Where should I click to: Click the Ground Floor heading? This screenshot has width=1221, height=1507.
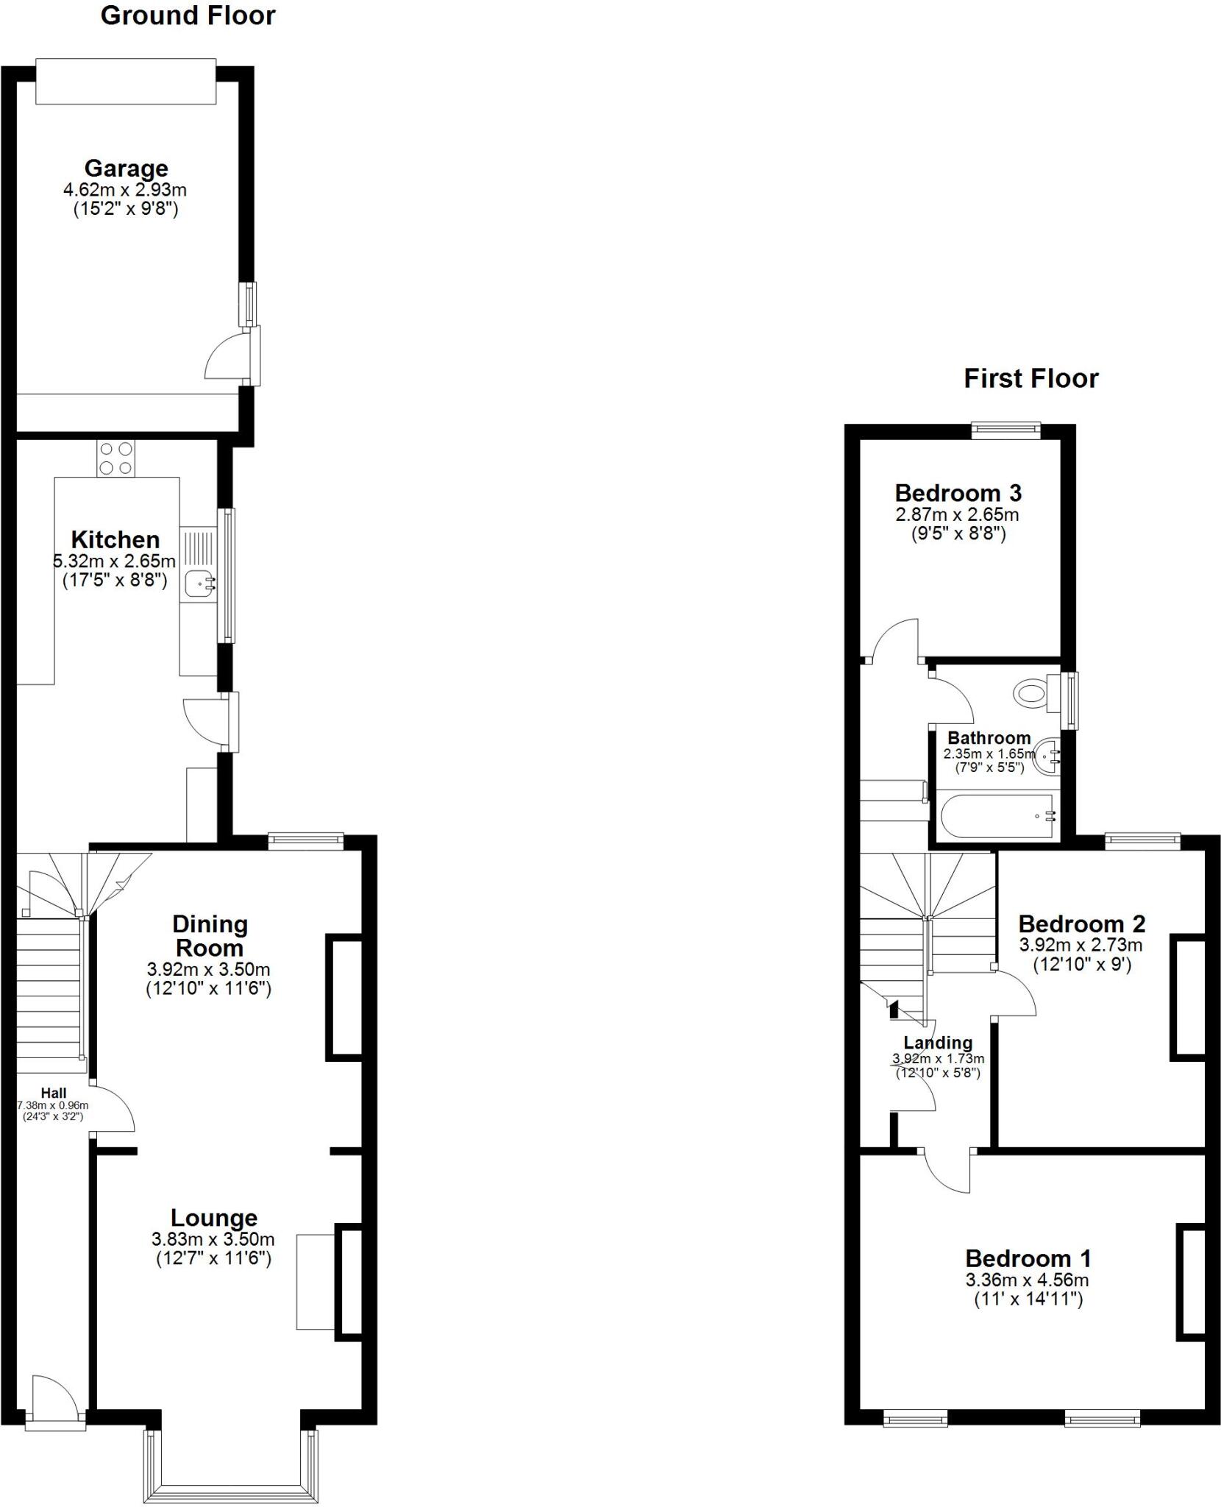point(188,16)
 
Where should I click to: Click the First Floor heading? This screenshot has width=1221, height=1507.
point(1030,379)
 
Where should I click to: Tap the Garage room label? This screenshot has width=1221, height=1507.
point(126,169)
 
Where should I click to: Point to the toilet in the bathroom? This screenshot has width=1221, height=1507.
point(1031,693)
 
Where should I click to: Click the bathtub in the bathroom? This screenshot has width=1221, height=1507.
point(998,815)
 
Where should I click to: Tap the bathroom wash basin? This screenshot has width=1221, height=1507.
point(1047,756)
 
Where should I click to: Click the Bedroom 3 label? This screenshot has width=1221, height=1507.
point(958,493)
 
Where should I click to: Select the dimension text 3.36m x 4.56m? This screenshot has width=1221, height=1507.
point(1027,1280)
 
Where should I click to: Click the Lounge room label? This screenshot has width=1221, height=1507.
point(214,1218)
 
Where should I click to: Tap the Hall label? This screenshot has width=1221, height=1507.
point(54,1093)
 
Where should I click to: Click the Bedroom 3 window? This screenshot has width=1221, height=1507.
point(1005,430)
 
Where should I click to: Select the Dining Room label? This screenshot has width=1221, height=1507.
point(210,936)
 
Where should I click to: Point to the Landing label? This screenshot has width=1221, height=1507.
point(938,1043)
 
